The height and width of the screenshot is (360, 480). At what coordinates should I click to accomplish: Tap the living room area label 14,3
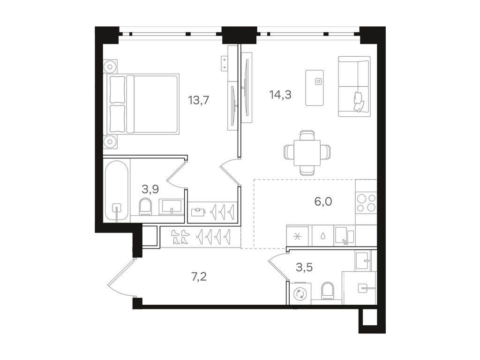(x=280, y=95)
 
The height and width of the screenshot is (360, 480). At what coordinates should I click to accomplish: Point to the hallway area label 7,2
(x=198, y=276)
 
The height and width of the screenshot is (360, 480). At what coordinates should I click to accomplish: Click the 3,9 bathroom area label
(x=150, y=189)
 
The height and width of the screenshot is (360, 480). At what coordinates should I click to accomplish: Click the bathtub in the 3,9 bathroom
(x=116, y=190)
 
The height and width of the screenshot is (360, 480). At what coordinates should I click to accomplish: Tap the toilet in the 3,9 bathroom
(x=146, y=206)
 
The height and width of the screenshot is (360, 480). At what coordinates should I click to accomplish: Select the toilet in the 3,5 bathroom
(x=328, y=292)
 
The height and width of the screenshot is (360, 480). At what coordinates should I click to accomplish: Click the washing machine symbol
(x=300, y=294)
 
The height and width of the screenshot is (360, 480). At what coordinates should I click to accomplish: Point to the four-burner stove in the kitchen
(x=366, y=202)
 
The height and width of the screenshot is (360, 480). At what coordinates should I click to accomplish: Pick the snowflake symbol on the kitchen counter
(x=298, y=236)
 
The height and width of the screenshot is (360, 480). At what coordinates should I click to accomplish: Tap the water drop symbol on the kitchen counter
(x=322, y=236)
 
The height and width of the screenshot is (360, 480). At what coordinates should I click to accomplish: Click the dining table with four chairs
(x=307, y=152)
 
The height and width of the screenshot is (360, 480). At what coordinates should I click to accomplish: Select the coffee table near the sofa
(x=315, y=88)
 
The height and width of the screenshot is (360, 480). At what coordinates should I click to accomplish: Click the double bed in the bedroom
(x=144, y=104)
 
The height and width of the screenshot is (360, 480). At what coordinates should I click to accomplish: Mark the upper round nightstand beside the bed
(x=110, y=67)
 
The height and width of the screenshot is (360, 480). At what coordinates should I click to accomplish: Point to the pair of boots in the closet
(x=180, y=237)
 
